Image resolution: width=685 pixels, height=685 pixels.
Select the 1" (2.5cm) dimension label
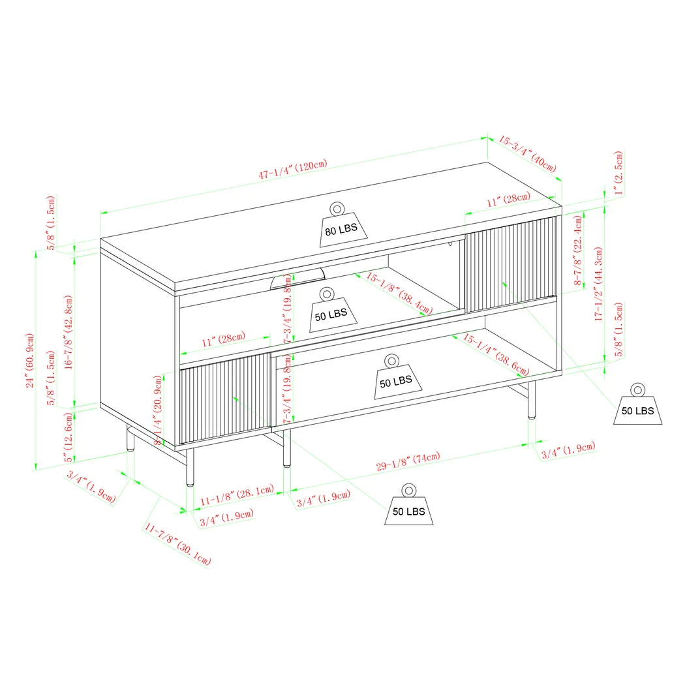(x=618, y=174)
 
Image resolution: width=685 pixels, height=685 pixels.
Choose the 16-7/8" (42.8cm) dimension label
(x=68, y=333)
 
